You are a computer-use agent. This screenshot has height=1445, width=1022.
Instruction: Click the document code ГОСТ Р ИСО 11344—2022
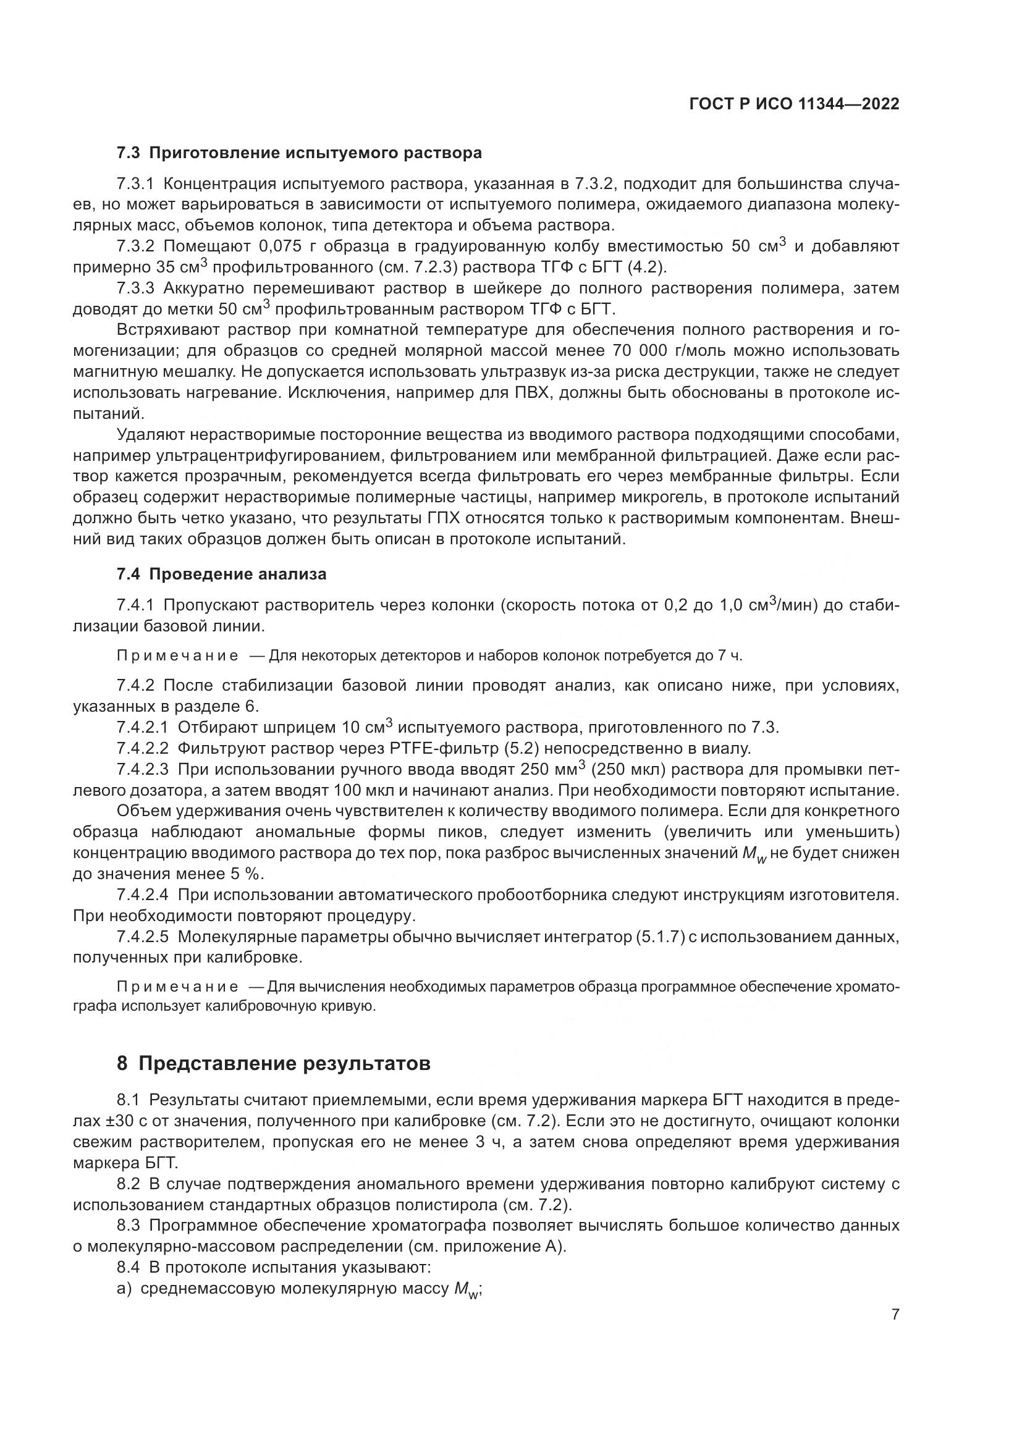[793, 104]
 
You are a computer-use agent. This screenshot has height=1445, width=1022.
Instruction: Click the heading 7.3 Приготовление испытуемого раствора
[299, 153]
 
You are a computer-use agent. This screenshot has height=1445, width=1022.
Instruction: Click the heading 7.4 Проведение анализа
[222, 574]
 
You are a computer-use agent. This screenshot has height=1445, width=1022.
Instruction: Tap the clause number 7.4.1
[135, 605]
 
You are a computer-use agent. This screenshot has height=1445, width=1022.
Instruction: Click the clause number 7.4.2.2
[143, 748]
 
